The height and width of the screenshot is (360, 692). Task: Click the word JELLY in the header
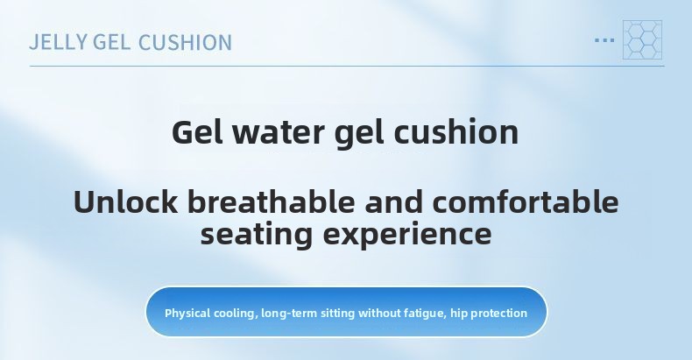pos(59,42)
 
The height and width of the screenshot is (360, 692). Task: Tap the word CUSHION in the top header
pos(186,42)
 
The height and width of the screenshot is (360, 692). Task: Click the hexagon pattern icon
pos(642,39)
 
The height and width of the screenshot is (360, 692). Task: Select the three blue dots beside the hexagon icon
pos(604,40)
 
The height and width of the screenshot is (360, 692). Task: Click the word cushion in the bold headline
pos(455,132)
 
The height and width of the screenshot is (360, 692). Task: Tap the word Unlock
pos(126,201)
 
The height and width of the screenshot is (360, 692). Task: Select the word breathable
pos(272,201)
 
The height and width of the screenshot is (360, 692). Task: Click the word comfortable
pos(526,201)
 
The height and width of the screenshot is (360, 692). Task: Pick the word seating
pos(257,234)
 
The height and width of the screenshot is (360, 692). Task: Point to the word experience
pos(407,235)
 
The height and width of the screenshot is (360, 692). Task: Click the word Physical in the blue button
pos(187,314)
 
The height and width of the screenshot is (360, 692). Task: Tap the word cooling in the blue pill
pos(236,314)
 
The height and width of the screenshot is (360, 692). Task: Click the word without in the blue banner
pos(379,314)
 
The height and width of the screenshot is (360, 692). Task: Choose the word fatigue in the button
pos(424,314)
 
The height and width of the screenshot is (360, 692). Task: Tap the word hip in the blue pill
pos(458,314)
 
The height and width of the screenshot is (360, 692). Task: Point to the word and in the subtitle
pos(393,201)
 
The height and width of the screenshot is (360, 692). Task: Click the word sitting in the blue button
pos(337,314)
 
